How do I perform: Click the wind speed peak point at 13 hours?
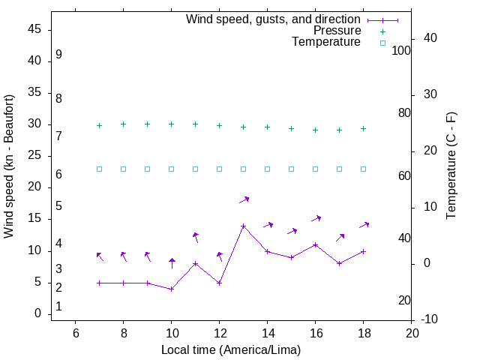point(243,226)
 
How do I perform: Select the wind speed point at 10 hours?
point(171,289)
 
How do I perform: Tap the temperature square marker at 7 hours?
point(99,169)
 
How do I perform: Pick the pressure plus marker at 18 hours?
point(363,128)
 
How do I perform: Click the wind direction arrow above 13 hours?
point(244,199)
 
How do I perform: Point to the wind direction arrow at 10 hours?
point(172,262)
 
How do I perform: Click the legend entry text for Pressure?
point(337,31)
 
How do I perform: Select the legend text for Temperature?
point(326,43)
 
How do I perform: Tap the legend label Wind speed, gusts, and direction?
point(274,19)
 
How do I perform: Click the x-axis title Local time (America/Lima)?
point(231,349)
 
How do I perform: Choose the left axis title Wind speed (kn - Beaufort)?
point(9,166)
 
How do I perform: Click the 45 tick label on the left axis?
point(34,29)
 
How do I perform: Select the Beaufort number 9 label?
point(58,55)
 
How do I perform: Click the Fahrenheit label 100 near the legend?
point(401,50)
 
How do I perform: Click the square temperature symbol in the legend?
point(382,43)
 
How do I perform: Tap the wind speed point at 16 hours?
point(315,244)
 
